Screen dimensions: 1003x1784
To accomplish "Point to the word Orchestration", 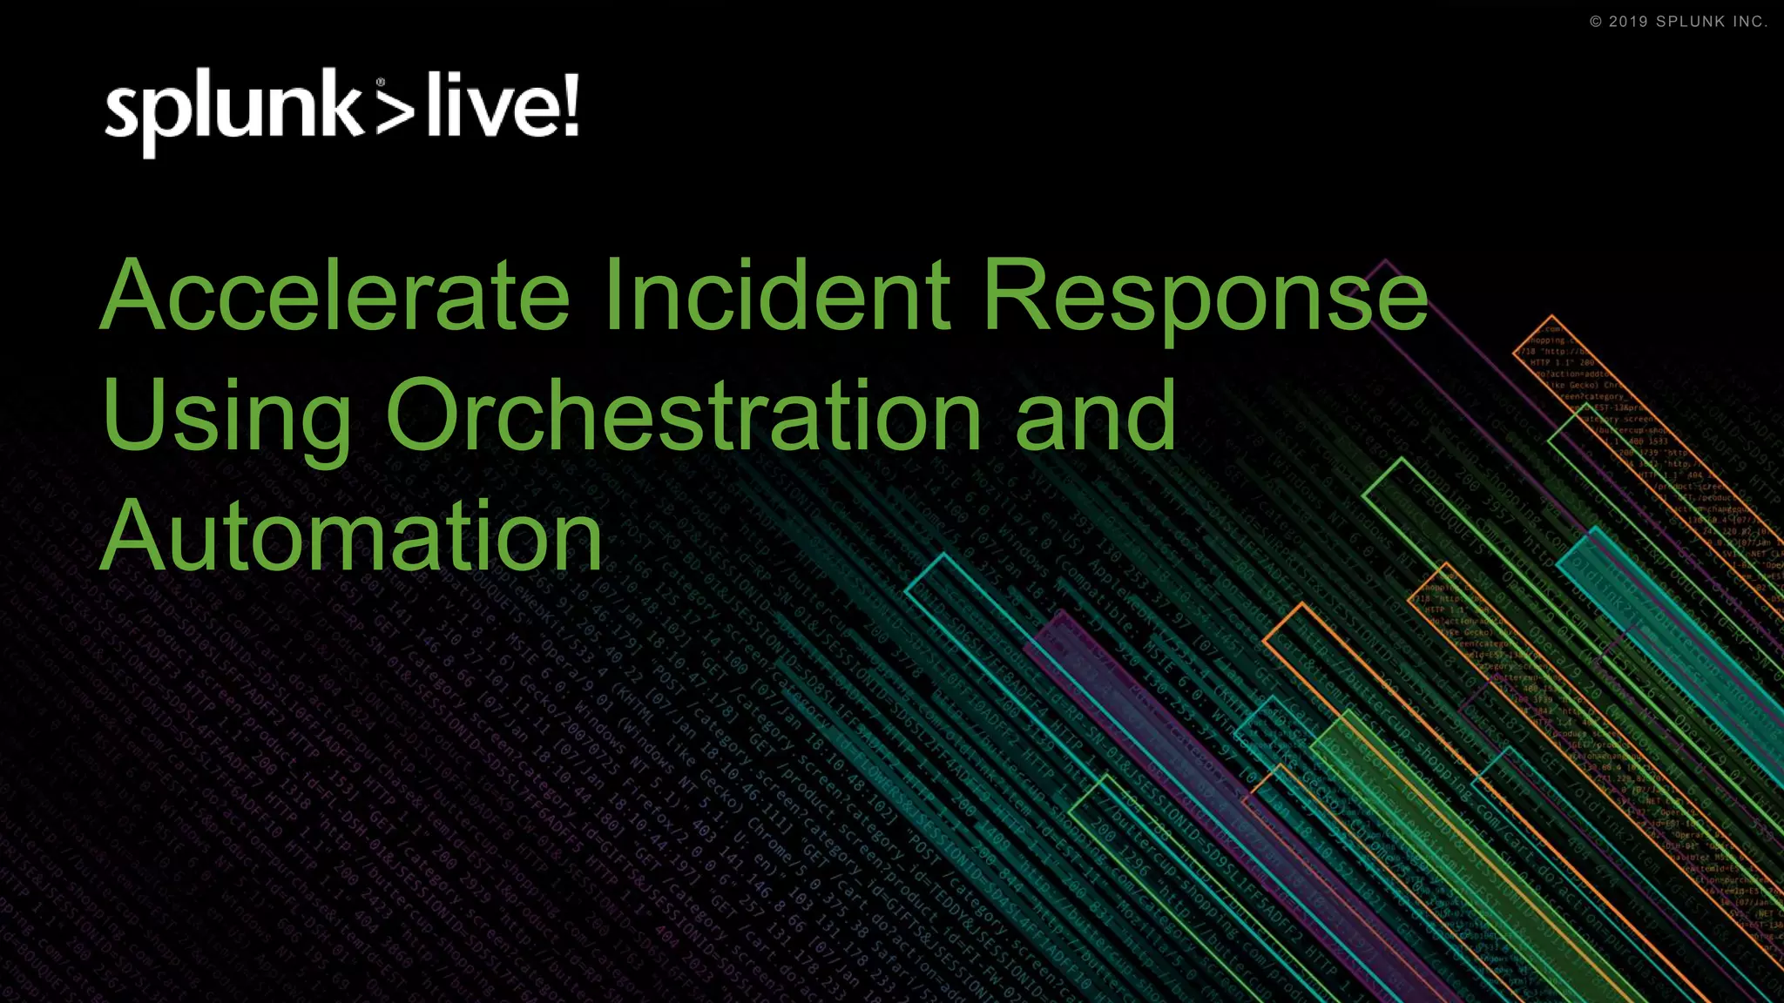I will (x=684, y=415).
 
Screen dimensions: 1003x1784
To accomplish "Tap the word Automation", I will (x=352, y=535).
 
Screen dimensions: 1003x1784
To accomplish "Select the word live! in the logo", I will (x=502, y=107).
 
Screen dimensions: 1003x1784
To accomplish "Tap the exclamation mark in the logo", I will (x=570, y=105).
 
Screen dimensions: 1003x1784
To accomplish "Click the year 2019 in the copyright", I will (x=1628, y=22).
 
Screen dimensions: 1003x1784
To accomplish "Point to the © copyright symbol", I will (x=1596, y=22).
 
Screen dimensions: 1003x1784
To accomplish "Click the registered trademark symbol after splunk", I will (x=381, y=83).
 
